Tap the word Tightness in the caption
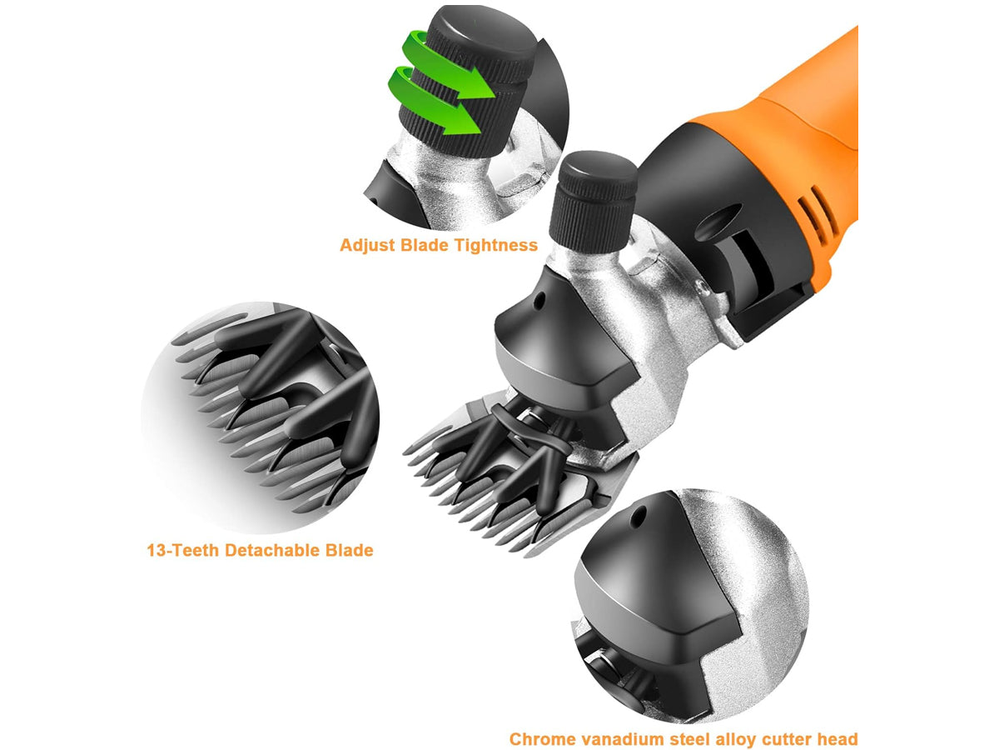495,245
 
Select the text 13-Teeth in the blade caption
182,550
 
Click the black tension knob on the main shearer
593,202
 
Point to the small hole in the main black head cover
539,301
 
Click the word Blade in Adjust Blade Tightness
425,245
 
